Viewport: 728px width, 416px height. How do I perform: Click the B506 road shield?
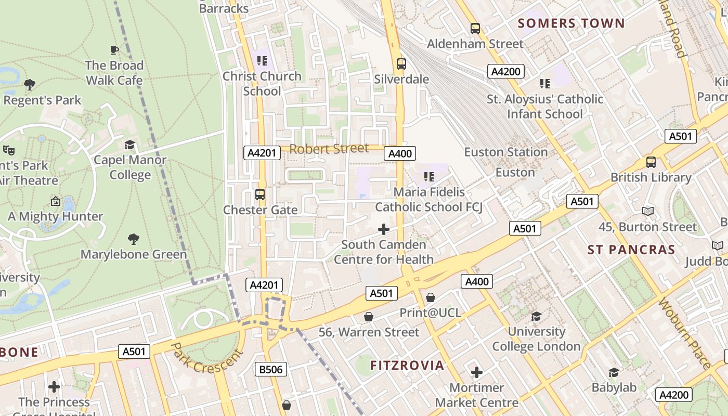point(271,370)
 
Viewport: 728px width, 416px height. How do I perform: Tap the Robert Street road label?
point(329,149)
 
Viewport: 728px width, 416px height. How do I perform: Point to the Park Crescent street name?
point(206,357)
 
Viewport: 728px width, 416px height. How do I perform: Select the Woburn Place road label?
point(684,333)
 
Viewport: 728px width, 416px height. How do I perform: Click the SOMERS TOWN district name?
point(571,23)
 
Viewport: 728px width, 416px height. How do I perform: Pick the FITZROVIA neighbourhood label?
point(407,365)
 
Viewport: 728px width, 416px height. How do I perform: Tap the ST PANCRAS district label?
point(631,250)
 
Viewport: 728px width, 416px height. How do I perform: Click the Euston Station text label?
point(505,152)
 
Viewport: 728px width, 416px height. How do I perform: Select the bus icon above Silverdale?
point(401,64)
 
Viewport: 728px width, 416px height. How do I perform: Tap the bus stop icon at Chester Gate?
point(260,194)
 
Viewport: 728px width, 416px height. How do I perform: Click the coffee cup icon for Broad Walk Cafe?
point(114,50)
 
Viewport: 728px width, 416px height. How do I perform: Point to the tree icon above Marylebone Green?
point(134,239)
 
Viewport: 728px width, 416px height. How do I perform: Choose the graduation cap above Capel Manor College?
point(129,145)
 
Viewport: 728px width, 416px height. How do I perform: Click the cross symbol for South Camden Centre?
point(384,229)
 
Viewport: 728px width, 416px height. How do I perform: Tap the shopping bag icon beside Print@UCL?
point(430,297)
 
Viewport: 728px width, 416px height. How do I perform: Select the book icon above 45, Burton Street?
point(647,211)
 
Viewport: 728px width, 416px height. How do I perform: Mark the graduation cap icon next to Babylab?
point(614,372)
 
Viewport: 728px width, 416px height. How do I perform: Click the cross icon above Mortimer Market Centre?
point(476,372)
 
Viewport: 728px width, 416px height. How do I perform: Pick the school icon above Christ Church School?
point(262,61)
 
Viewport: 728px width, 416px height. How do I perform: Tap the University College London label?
point(536,339)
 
